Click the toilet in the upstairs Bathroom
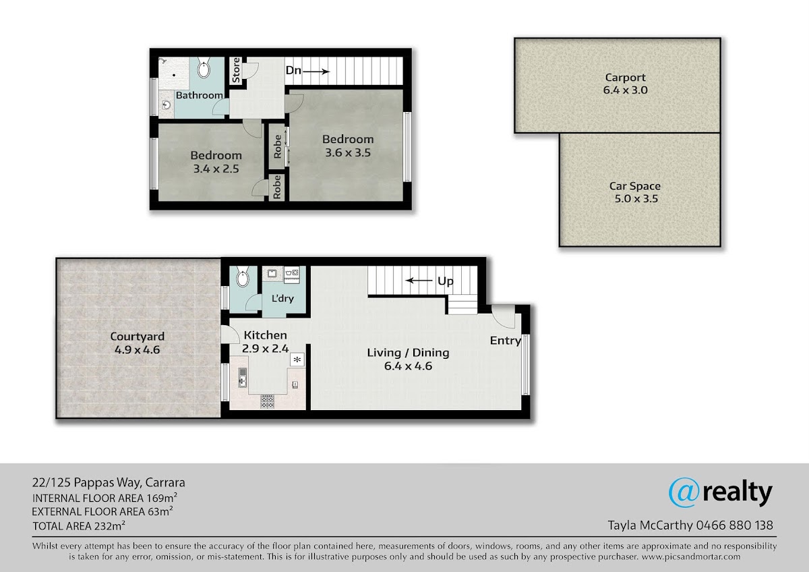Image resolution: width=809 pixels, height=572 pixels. [x=204, y=67]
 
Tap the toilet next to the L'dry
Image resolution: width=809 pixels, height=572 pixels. [x=242, y=277]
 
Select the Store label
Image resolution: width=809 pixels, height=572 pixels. [x=236, y=70]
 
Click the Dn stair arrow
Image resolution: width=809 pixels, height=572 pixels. [x=316, y=71]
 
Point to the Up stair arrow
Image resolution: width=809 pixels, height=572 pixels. [x=419, y=281]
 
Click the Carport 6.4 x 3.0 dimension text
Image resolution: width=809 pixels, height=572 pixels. [x=625, y=90]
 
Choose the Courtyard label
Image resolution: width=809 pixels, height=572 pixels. [x=138, y=337]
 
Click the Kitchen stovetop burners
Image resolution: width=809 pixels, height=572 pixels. [x=267, y=402]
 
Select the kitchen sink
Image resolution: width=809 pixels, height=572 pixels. [x=243, y=378]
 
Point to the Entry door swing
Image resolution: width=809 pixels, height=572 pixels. [x=504, y=317]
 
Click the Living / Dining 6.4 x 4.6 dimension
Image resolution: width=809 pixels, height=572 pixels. [x=408, y=366]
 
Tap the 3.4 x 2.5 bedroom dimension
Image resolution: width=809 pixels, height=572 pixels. [x=216, y=169]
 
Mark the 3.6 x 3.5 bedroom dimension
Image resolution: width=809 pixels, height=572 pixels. [x=348, y=153]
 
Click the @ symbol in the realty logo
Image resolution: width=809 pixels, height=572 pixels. [x=684, y=493]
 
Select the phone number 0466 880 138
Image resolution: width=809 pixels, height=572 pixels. [x=735, y=525]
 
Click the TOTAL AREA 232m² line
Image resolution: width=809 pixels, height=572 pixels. [x=79, y=525]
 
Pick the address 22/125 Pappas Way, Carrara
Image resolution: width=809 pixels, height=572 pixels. [x=109, y=483]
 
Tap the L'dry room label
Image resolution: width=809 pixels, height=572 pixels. [x=282, y=298]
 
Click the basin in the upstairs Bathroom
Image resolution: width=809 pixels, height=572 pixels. [x=167, y=105]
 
